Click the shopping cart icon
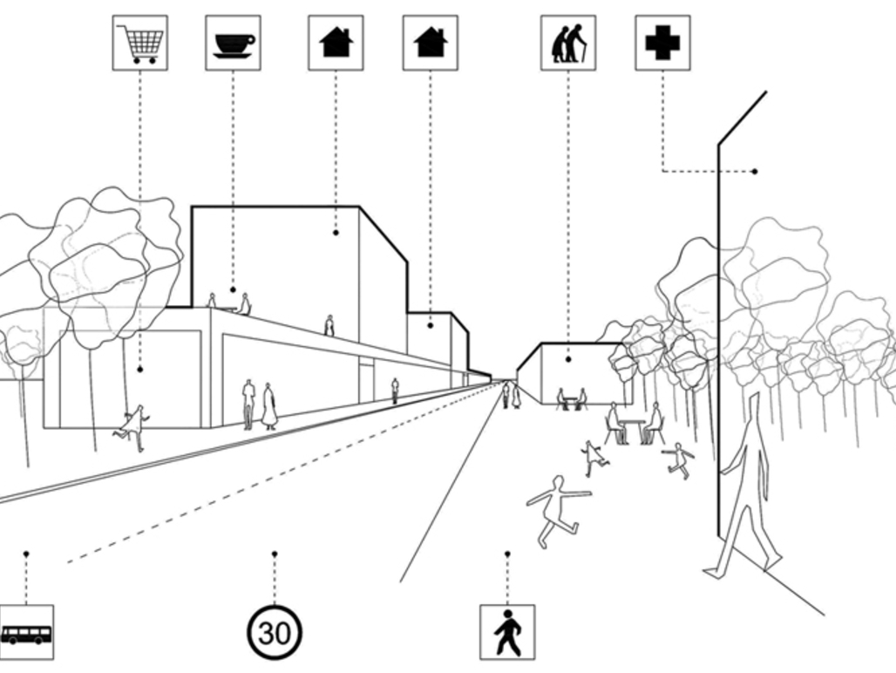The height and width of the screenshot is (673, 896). tap(140, 42)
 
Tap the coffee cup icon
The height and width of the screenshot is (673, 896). tap(233, 42)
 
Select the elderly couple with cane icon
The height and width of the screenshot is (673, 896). tap(568, 42)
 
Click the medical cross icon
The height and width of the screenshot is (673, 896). tap(662, 42)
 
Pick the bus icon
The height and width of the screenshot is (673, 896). tap(25, 632)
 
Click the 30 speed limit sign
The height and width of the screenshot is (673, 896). tap(275, 632)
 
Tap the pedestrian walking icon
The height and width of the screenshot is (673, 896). tap(507, 632)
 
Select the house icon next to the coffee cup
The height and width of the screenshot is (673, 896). tap(336, 42)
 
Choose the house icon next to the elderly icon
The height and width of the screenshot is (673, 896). tap(430, 42)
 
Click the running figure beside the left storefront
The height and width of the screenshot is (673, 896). tap(132, 427)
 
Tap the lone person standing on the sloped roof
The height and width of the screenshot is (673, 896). tap(329, 325)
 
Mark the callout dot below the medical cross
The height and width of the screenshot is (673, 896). tap(755, 171)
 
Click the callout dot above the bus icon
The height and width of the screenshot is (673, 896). tap(26, 554)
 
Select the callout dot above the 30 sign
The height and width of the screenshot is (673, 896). tap(275, 554)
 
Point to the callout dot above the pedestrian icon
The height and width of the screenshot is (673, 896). tap(507, 554)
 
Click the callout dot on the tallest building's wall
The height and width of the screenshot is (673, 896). tap(336, 233)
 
